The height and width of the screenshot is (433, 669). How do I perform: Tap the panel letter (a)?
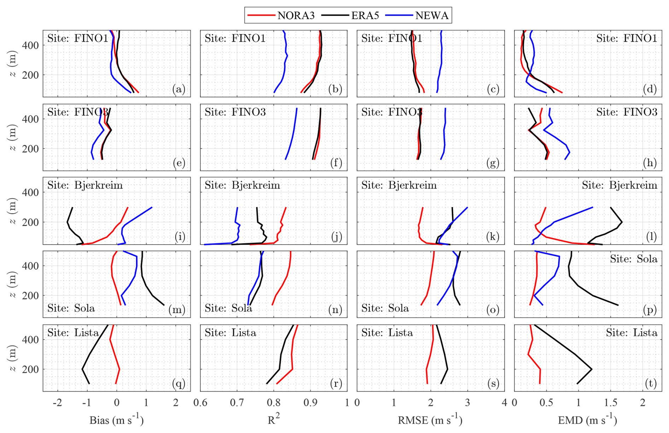[179, 89]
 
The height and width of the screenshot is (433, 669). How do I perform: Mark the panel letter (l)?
[651, 236]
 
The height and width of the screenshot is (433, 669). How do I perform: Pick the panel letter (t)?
[651, 384]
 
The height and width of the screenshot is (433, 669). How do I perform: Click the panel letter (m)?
[177, 310]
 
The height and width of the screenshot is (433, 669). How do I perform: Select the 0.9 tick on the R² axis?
[310, 403]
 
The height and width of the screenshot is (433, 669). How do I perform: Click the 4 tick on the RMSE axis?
[504, 403]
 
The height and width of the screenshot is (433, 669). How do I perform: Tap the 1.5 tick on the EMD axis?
[610, 403]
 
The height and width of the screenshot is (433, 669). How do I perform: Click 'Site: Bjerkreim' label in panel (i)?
[85, 185]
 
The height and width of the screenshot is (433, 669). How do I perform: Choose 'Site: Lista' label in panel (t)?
[632, 333]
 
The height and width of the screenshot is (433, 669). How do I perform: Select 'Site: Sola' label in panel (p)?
[633, 259]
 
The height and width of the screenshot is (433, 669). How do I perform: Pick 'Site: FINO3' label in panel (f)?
[235, 112]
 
